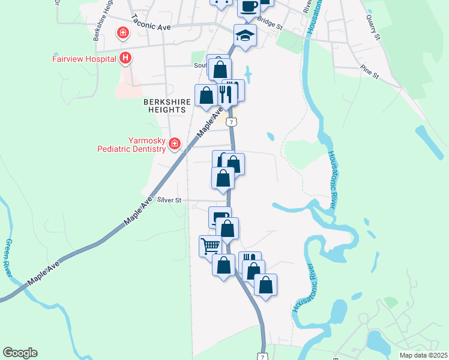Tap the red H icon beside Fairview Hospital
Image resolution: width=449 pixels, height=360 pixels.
125,58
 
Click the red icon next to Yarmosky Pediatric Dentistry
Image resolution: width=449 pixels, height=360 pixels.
174,143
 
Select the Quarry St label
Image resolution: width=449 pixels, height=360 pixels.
373,28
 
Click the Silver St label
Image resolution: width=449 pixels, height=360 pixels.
169,200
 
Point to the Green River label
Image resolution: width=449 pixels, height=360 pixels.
9,258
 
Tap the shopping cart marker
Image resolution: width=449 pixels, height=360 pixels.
210,246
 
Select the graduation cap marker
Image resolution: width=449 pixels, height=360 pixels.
245,35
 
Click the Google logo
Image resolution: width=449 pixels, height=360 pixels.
20,353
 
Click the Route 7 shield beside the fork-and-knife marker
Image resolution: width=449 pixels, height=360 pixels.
233,122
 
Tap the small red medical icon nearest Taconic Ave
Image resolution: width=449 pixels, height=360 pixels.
123,32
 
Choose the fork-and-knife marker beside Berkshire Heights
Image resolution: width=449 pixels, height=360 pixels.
226,94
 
